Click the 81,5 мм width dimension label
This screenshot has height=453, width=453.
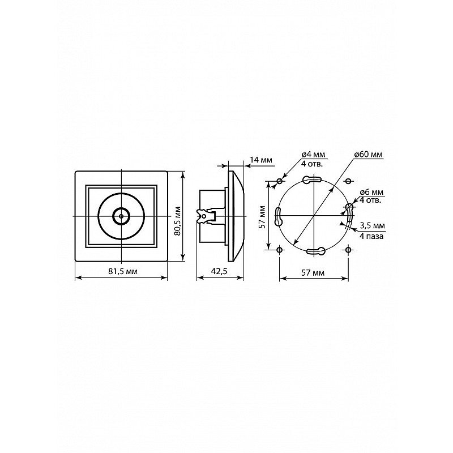tap(123, 271)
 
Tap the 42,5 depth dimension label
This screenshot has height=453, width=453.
tap(219, 271)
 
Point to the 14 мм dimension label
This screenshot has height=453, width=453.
tap(261, 160)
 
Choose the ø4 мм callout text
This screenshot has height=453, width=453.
tap(313, 155)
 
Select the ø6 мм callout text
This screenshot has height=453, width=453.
tap(371, 192)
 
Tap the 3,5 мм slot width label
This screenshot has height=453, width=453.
tap(373, 225)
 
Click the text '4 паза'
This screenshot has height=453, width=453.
tap(371, 236)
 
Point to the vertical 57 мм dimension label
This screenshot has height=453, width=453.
tap(262, 217)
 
